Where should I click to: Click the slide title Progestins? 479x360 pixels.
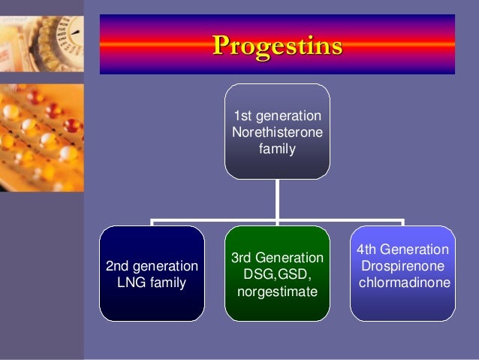coord(277,45)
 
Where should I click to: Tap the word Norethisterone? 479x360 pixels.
coord(277,132)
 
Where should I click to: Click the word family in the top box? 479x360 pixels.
coord(277,149)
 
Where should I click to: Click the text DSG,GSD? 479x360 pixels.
coord(277,274)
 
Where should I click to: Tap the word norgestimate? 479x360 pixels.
coord(277,291)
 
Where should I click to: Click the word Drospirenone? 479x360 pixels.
coord(402,266)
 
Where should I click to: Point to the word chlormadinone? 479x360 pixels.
coord(404,283)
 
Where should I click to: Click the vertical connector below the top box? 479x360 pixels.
coord(277,199)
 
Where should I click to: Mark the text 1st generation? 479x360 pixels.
coord(277,116)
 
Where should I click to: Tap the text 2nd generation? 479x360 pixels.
coord(152,267)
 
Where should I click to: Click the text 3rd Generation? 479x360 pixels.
coord(277,258)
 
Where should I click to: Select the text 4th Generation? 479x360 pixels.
coord(402,250)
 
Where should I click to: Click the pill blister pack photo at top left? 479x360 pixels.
coord(41,98)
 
